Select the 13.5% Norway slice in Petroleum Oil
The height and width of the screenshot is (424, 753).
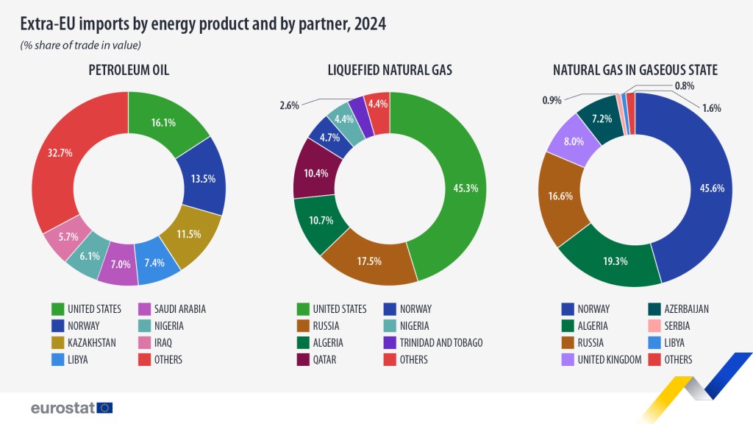(x=202, y=177)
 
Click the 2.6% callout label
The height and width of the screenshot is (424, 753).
(x=289, y=105)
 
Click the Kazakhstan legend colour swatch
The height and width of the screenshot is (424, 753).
(x=57, y=342)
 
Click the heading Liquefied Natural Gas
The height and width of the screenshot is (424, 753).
(x=390, y=70)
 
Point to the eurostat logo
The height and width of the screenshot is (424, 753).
(x=71, y=407)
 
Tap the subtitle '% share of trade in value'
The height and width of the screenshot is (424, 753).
(x=80, y=46)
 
